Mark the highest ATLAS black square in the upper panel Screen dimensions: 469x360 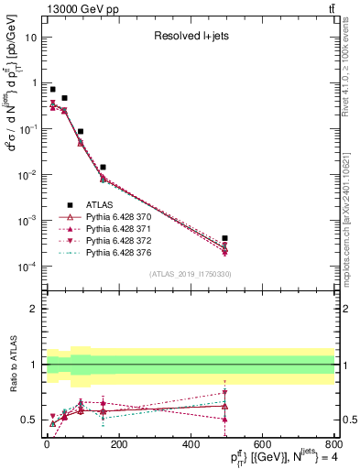[53, 90]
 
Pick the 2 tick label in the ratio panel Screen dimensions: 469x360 [36, 309]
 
